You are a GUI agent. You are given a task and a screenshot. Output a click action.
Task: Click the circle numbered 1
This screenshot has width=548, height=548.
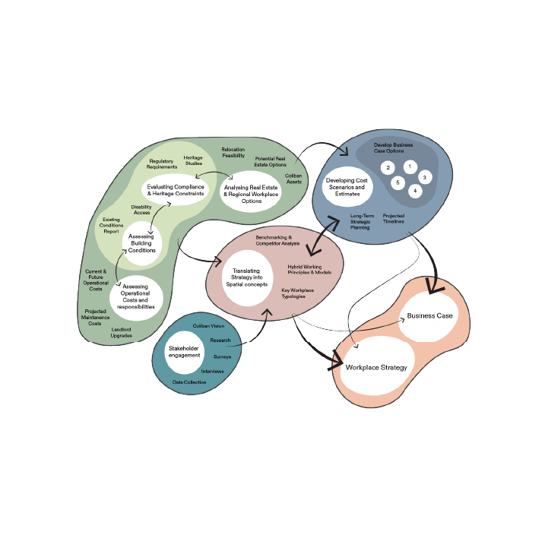pos(410,166)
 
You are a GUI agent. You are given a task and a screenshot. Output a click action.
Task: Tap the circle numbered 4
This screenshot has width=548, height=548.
pos(414,191)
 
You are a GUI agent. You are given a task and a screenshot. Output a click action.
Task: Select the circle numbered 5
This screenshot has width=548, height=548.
pos(398,183)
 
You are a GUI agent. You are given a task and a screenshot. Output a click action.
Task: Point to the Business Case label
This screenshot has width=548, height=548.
pos(430,315)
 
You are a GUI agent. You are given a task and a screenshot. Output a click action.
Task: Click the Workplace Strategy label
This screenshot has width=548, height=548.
pos(376,367)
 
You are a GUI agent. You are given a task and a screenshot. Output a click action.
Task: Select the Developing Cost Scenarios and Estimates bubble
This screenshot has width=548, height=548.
pos(346,185)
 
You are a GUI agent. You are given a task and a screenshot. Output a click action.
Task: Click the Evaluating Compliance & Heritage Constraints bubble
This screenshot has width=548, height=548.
pos(175,190)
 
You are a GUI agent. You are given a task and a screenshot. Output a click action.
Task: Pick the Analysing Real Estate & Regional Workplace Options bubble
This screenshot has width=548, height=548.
pos(251,192)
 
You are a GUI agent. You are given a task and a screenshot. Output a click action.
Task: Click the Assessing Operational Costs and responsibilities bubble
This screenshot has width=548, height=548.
pos(138,296)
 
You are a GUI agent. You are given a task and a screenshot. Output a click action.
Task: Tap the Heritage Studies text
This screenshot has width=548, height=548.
pos(193,160)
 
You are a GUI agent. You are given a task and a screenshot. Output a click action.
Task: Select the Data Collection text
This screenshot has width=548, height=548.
pos(189,382)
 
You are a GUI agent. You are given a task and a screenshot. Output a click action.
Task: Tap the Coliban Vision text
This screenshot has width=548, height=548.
pos(208,325)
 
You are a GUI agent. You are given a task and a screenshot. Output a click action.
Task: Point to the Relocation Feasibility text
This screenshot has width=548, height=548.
pos(233,152)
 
